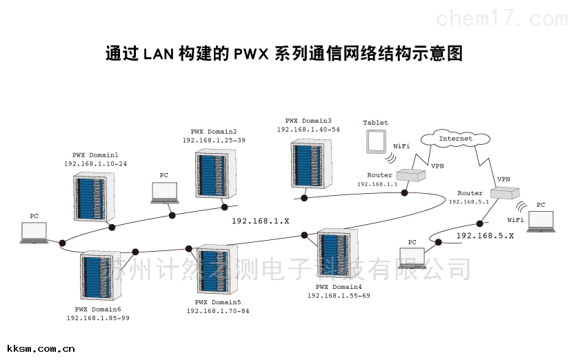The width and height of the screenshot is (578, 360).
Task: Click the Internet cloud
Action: [x=456, y=139]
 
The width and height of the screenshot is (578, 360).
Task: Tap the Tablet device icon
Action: [x=375, y=141]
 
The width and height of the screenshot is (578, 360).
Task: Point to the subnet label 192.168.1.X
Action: [x=260, y=221]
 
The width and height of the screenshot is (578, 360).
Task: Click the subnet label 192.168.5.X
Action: [x=485, y=236]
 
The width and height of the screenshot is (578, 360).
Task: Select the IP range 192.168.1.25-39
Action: [x=213, y=140]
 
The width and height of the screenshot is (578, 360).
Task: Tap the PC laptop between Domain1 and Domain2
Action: [x=164, y=192]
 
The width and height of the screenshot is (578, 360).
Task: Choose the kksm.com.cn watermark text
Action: [x=38, y=349]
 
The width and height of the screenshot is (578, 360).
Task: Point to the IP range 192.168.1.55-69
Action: [x=339, y=295]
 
